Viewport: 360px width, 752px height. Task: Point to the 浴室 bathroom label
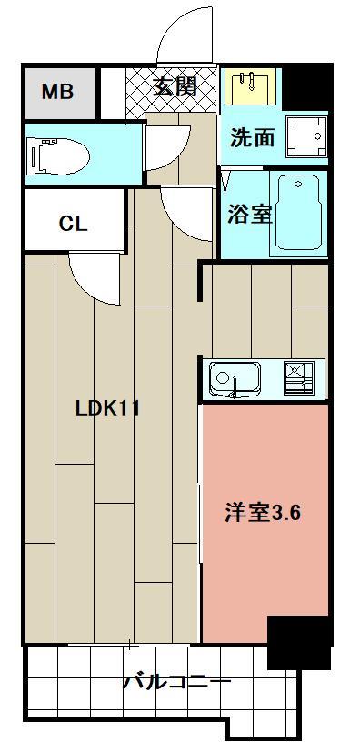click(x=249, y=215)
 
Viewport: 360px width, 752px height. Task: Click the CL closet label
click(x=73, y=223)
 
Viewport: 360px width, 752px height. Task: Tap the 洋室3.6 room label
click(x=263, y=512)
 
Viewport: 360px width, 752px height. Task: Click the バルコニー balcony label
click(x=176, y=680)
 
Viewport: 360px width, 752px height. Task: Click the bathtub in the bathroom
click(x=300, y=214)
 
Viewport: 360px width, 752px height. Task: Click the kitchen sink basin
click(x=235, y=376)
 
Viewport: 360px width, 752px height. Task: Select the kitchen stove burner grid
click(x=302, y=376)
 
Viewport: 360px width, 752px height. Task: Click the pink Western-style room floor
click(x=264, y=564)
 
